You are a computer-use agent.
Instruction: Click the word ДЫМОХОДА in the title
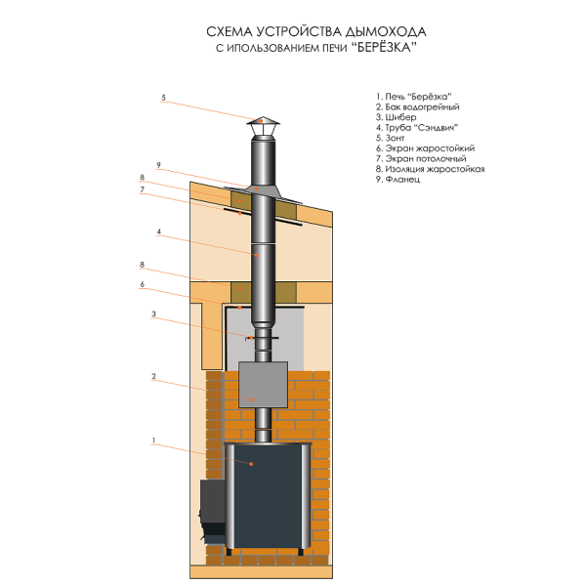point(386,32)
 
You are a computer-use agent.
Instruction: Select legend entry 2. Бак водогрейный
point(417,107)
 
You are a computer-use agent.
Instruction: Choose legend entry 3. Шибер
point(396,117)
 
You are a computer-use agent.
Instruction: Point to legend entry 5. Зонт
point(390,138)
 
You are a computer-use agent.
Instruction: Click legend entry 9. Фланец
point(398,180)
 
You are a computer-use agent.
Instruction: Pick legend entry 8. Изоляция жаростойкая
point(430,169)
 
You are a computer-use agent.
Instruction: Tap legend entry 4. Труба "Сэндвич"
point(417,128)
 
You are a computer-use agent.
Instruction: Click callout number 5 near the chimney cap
point(163,98)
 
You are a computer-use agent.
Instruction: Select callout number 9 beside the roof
point(159,165)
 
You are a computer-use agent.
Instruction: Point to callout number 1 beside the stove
point(153,440)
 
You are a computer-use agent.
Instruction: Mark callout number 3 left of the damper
point(153,314)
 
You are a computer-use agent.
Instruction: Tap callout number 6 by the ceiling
point(142,284)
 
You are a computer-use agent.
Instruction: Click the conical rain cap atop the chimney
point(263,121)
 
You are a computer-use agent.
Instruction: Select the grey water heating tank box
point(263,385)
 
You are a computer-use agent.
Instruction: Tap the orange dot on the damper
point(252,338)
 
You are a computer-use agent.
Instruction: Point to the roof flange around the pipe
point(263,193)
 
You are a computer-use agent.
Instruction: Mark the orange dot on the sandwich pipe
point(256,255)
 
